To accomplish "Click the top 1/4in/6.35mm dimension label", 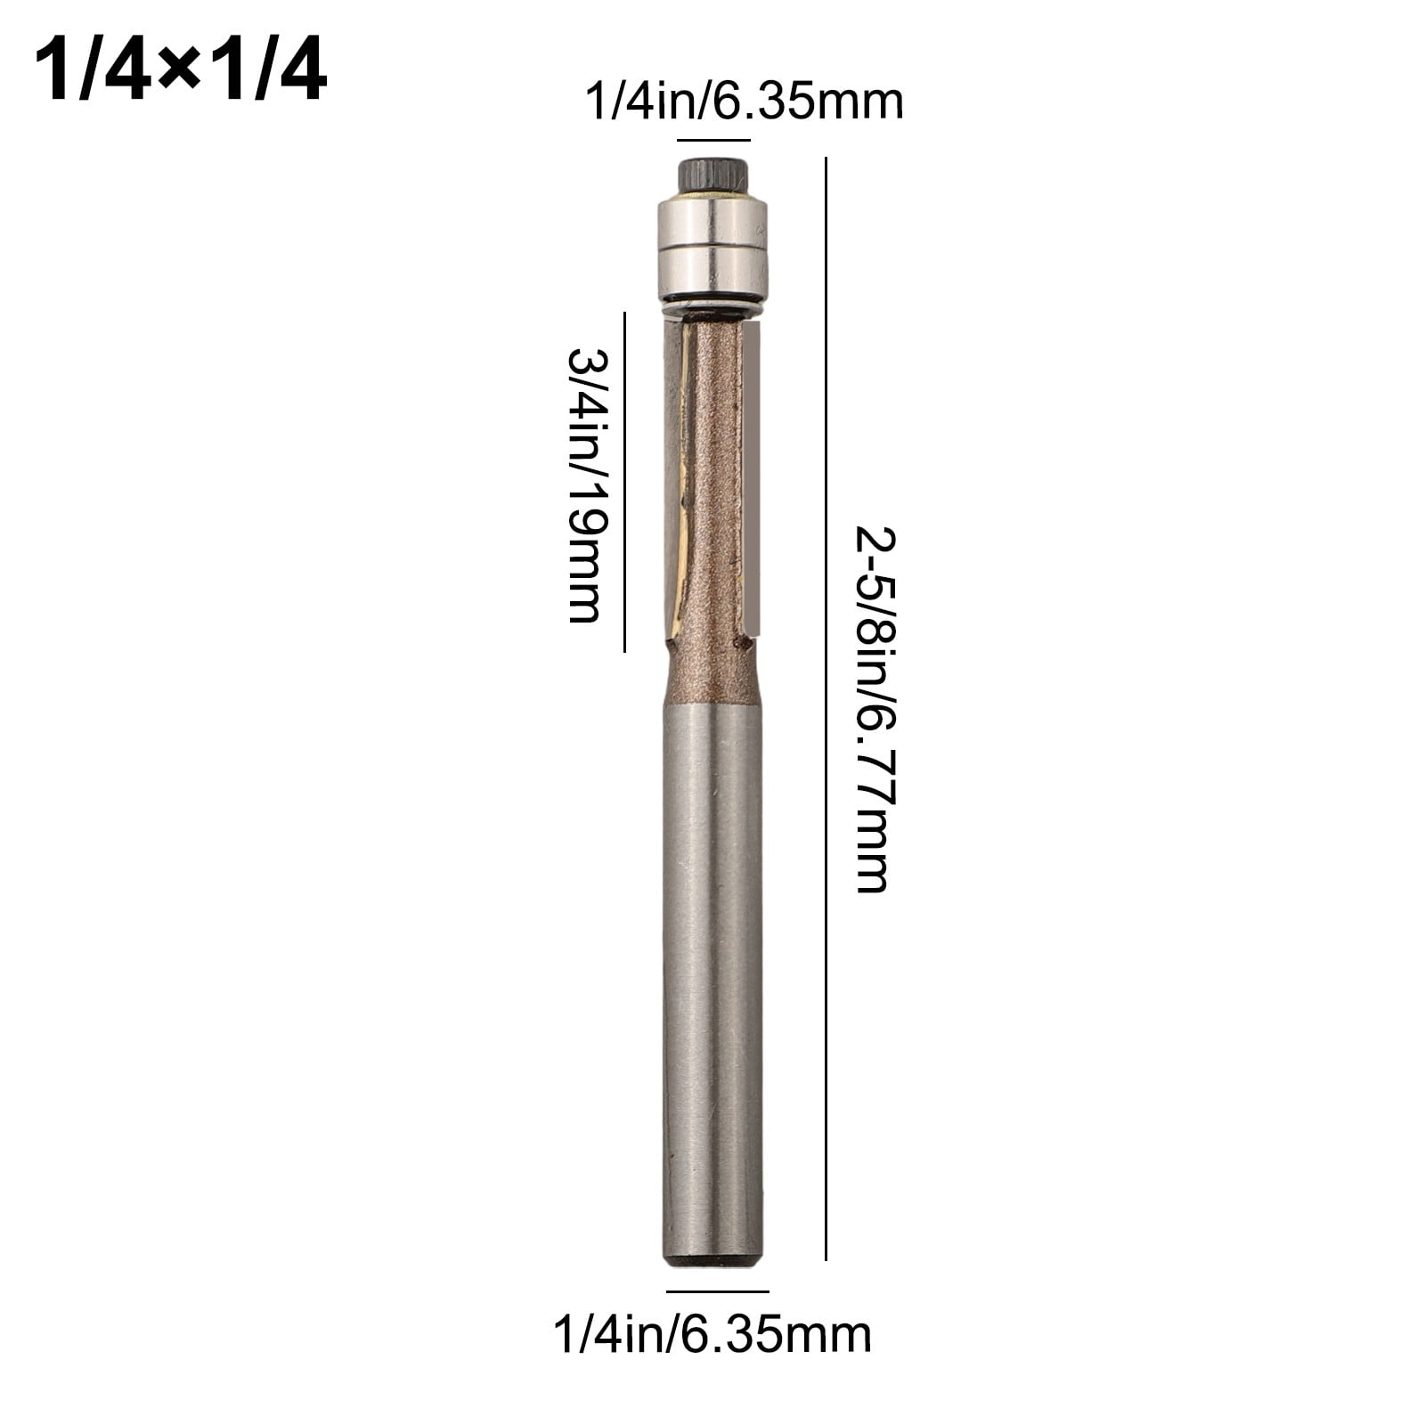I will coord(744,102).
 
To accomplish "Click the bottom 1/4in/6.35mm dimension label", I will coord(712,1335).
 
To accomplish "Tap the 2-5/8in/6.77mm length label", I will coord(873,709).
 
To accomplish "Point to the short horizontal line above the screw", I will coord(713,140).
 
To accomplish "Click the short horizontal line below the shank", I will coord(717,1291).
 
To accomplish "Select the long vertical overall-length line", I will coord(826,709).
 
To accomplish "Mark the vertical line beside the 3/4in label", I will coord(624,482).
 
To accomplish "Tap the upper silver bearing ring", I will coord(712,219).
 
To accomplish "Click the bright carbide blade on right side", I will coord(753,476).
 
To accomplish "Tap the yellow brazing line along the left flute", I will coord(683,481).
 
